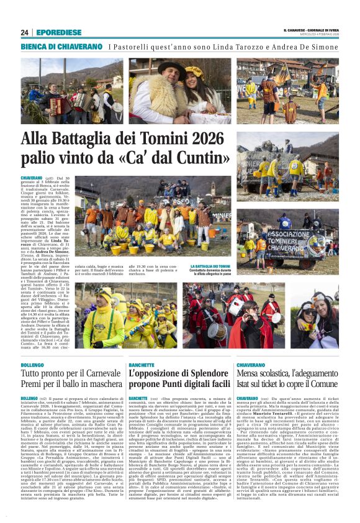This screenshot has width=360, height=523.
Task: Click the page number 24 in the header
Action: pyautogui.click(x=25, y=32)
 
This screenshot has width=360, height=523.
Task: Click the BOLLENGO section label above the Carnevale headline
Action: pyautogui.click(x=32, y=366)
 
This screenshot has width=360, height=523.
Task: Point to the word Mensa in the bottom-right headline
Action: pyautogui.click(x=249, y=375)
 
